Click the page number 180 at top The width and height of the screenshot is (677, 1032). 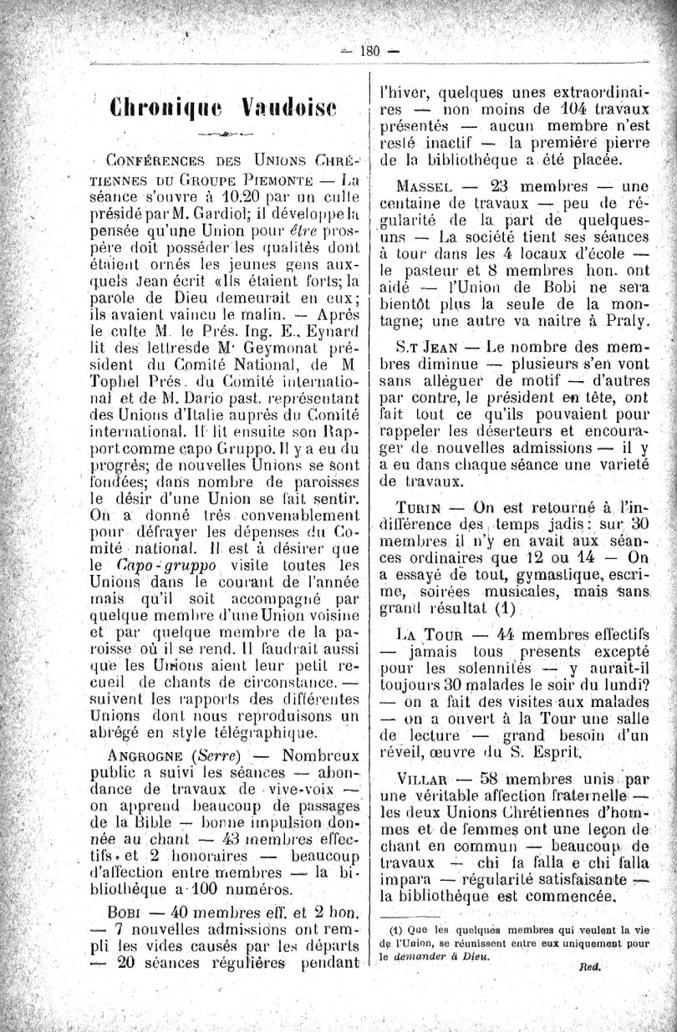(369, 50)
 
